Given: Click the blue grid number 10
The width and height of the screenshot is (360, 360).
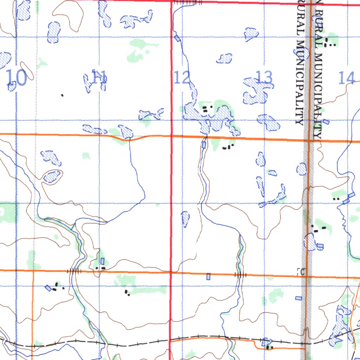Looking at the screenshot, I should coord(16,78).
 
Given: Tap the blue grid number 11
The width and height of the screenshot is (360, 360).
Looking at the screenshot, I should coord(99,77).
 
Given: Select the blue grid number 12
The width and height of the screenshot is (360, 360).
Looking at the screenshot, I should coord(182,78).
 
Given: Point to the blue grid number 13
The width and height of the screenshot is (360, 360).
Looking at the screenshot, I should coord(264,77).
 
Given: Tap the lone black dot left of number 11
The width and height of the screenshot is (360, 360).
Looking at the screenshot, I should coord(63,95).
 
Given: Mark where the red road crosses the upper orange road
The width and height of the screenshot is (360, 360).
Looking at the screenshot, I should coord(171,136).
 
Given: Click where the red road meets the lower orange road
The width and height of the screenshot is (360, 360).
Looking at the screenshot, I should coord(171,272).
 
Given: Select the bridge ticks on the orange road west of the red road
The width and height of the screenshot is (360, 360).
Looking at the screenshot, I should coord(74,271).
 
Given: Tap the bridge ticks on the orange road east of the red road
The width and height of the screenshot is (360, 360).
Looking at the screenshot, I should coord(241,275).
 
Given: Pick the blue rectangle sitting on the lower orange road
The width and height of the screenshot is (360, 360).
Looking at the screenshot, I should coord(208,277).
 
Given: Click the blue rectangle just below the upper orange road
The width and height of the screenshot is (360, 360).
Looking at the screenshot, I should coord(204,145).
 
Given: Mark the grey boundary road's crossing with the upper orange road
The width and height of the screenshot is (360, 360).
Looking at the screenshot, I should coord(308,140).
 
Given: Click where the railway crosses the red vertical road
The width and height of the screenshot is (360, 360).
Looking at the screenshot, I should coord(171,340).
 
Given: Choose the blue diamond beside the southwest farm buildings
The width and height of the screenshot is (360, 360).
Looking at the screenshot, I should coord(48,288).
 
